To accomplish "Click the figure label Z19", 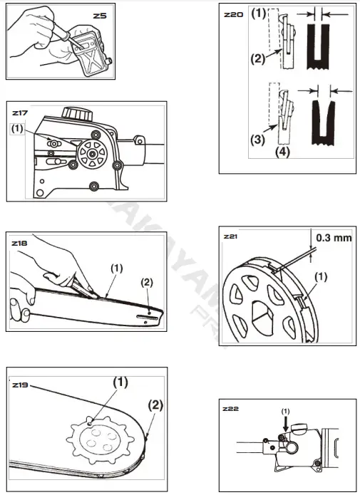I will pos(21,385).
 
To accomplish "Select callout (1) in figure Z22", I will pos(285,411).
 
